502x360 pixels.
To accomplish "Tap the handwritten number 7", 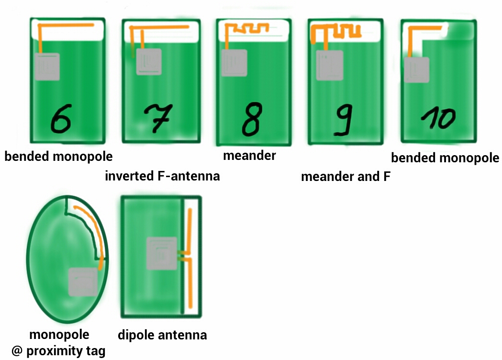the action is (157, 118).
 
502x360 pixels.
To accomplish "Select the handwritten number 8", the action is (252, 119).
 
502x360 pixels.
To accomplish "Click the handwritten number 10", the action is (438, 118).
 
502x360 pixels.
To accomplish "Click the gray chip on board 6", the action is (47, 67).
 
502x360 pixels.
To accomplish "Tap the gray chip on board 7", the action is (149, 62).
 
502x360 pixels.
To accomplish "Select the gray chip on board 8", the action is (234, 63).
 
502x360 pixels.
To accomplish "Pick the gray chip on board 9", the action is (330, 65).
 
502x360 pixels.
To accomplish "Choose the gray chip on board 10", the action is (416, 70).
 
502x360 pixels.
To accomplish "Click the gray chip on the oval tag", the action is (83, 282).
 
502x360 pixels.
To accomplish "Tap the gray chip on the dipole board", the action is (162, 253).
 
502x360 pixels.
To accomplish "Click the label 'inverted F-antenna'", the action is (162, 176).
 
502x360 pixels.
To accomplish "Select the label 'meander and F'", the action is (346, 177).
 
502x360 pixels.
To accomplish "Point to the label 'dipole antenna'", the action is (162, 335).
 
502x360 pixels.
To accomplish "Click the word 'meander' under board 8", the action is (249, 156).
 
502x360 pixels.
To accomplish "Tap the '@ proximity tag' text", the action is (58, 351).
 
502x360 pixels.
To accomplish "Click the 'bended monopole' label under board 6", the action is (58, 157).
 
